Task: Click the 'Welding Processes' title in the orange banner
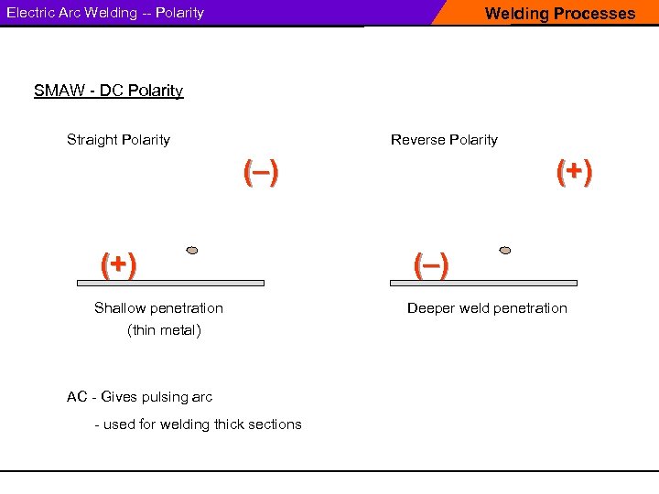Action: click(x=559, y=14)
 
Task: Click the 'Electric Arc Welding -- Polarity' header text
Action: click(x=105, y=13)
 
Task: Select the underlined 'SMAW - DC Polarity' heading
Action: click(x=108, y=91)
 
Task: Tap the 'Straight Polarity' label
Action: click(x=118, y=140)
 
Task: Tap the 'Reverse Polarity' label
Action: click(x=444, y=140)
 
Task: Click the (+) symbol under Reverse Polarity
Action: click(x=574, y=171)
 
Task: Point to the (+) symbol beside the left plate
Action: click(x=118, y=265)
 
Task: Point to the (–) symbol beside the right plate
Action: click(x=430, y=265)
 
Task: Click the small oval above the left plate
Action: click(x=192, y=250)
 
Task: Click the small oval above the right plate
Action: click(x=505, y=250)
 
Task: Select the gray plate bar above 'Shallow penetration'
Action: click(x=182, y=284)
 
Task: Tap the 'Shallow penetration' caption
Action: click(x=158, y=308)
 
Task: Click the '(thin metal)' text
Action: click(x=164, y=330)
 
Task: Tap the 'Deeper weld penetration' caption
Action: click(x=487, y=308)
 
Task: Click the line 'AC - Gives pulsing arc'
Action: click(x=139, y=397)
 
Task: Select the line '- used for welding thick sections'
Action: click(x=198, y=424)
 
